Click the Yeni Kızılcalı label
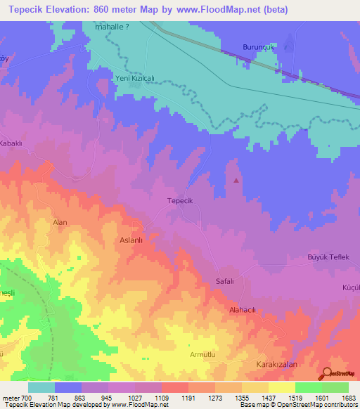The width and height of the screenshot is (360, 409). point(131,79)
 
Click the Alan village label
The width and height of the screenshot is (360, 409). point(60,222)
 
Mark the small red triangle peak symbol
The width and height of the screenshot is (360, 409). point(236,180)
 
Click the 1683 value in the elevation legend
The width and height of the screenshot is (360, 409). point(341,398)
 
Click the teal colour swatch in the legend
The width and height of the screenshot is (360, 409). point(41,387)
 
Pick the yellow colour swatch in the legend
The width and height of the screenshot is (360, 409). point(281,387)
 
